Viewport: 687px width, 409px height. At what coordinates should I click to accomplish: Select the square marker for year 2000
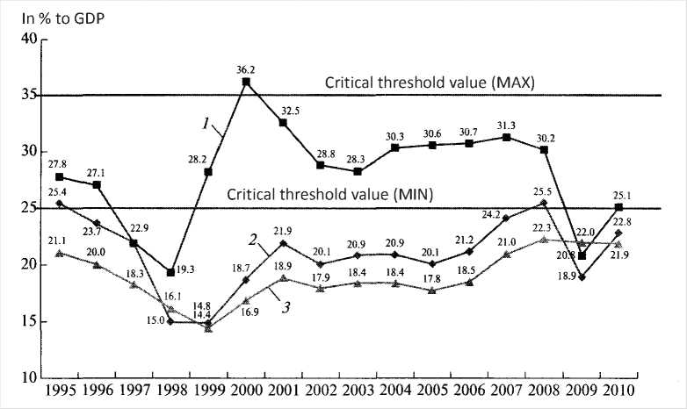pos(246,82)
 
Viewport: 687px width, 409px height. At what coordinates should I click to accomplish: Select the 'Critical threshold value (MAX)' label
pos(430,83)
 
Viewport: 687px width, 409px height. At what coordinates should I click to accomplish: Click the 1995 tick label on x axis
pos(59,390)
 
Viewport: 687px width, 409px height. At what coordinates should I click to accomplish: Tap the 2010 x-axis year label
pos(619,390)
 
